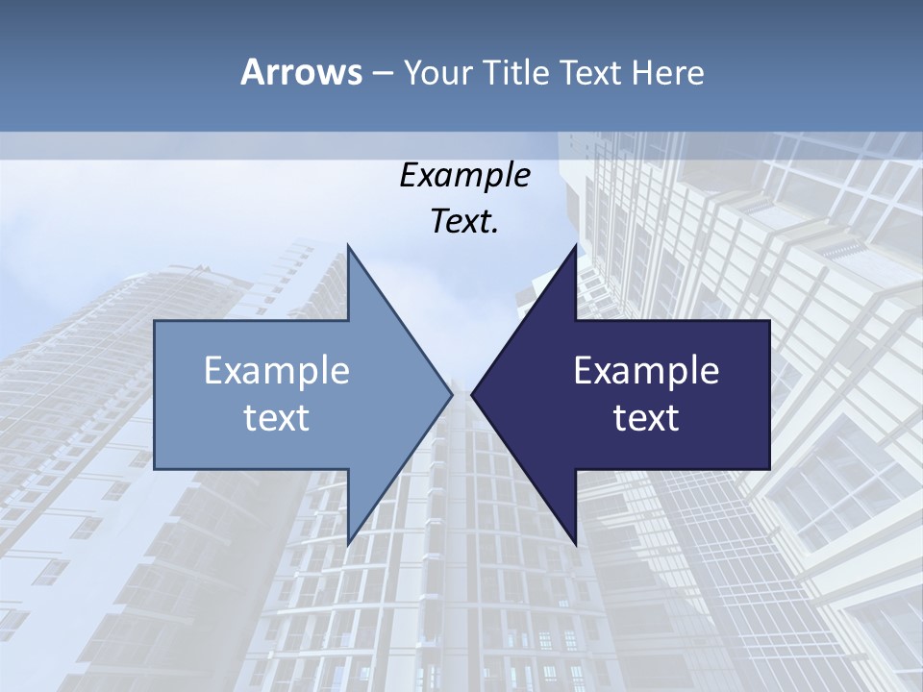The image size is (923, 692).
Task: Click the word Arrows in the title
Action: [301, 72]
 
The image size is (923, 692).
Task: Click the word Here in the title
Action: [667, 72]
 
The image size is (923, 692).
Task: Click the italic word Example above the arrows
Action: [464, 176]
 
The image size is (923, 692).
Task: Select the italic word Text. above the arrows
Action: [464, 221]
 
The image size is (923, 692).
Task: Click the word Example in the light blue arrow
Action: [277, 370]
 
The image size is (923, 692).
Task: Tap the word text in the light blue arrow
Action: [277, 417]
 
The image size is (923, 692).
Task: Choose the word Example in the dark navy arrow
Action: [646, 370]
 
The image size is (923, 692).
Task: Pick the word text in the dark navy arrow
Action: [646, 417]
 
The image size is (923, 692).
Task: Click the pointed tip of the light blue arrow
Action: [451, 394]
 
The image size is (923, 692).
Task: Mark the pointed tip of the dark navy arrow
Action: [472, 394]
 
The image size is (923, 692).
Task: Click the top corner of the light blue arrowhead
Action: [348, 245]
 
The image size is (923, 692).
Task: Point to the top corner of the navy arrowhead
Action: [576, 245]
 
